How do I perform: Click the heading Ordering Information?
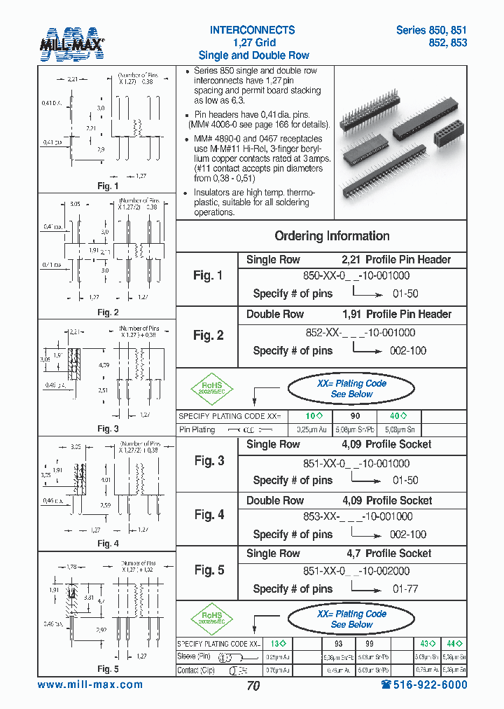[x=332, y=236]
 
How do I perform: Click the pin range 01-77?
[x=405, y=589]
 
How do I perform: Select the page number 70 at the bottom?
[x=253, y=686]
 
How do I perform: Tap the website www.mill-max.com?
[x=90, y=684]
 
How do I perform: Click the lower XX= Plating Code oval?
[x=361, y=619]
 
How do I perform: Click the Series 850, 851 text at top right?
[x=430, y=30]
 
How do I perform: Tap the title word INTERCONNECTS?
[x=252, y=30]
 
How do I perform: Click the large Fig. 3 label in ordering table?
[x=209, y=460]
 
